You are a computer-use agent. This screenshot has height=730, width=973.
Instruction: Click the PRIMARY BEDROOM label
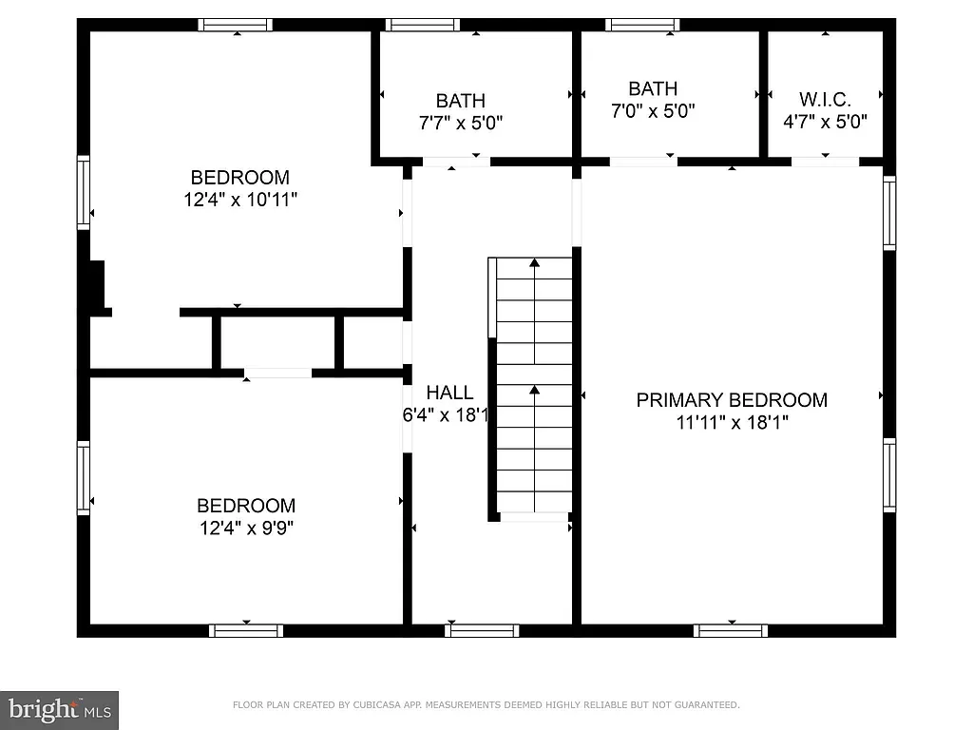click(732, 400)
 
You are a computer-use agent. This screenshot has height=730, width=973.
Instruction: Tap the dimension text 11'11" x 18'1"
click(732, 423)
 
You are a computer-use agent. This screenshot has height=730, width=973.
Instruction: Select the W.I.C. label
click(825, 99)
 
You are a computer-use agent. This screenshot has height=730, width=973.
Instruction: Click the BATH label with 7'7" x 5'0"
click(461, 100)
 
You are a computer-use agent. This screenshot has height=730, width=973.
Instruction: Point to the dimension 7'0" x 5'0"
click(653, 111)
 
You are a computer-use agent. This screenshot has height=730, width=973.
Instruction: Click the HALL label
click(449, 393)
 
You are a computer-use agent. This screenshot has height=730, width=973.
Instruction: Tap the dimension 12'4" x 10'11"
click(240, 201)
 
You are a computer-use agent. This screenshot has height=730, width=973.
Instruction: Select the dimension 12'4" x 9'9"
click(246, 528)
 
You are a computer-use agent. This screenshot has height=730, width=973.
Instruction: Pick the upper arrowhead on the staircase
click(535, 261)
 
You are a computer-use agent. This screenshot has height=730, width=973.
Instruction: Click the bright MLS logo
click(59, 708)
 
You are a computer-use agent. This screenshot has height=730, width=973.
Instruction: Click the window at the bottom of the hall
click(482, 630)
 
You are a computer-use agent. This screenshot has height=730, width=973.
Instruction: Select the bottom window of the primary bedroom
click(731, 630)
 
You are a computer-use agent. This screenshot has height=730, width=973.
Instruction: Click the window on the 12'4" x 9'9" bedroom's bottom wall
click(246, 630)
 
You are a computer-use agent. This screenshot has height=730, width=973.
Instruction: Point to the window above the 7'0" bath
click(642, 25)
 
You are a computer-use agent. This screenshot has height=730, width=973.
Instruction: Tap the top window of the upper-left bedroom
click(236, 25)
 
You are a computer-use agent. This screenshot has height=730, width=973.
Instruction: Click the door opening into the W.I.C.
click(825, 162)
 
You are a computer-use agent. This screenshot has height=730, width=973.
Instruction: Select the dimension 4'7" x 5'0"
click(825, 122)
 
